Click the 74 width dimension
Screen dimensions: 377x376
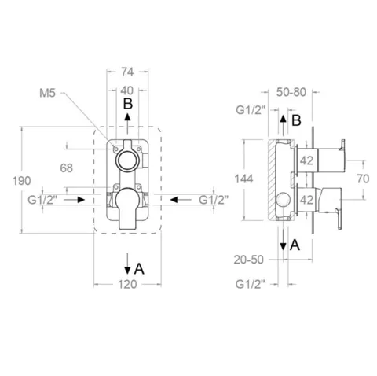[127, 72]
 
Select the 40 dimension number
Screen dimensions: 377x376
[127, 90]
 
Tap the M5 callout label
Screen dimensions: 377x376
[47, 93]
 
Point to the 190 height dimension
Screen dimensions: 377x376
[22, 181]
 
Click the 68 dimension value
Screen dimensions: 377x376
[66, 168]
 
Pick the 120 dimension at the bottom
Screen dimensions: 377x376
[127, 284]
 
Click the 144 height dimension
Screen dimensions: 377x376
[243, 179]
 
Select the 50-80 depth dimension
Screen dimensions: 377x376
[291, 92]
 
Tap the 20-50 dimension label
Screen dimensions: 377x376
[249, 260]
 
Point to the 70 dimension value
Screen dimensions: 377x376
[363, 179]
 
